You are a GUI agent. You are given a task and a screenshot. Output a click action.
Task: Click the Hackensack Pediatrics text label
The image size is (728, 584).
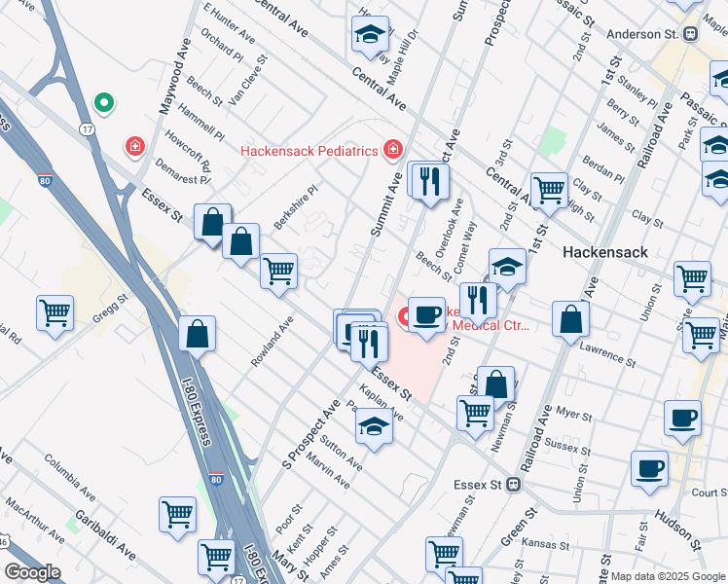pyautogui.click(x=309, y=151)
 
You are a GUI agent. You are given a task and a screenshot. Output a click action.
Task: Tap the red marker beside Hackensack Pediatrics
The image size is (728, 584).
pyautogui.click(x=392, y=150)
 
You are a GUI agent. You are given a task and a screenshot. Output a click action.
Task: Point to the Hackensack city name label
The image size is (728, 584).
pyautogui.click(x=605, y=251)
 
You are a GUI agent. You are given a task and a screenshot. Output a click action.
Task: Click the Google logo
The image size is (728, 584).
pyautogui.click(x=33, y=571)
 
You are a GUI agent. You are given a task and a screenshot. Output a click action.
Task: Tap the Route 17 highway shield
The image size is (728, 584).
pyautogui.click(x=88, y=128)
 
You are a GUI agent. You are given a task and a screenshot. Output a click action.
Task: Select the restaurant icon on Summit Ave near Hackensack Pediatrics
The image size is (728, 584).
pyautogui.click(x=427, y=180)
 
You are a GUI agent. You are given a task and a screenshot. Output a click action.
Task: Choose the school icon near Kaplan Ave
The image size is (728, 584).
pyautogui.click(x=374, y=426)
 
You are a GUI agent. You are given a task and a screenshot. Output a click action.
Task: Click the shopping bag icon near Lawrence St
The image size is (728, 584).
pyautogui.click(x=570, y=318)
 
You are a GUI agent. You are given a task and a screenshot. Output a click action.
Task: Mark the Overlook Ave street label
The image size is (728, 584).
pyautogui.click(x=449, y=225)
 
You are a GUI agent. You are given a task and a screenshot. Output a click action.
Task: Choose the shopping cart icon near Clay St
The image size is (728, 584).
pyautogui.click(x=549, y=188)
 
